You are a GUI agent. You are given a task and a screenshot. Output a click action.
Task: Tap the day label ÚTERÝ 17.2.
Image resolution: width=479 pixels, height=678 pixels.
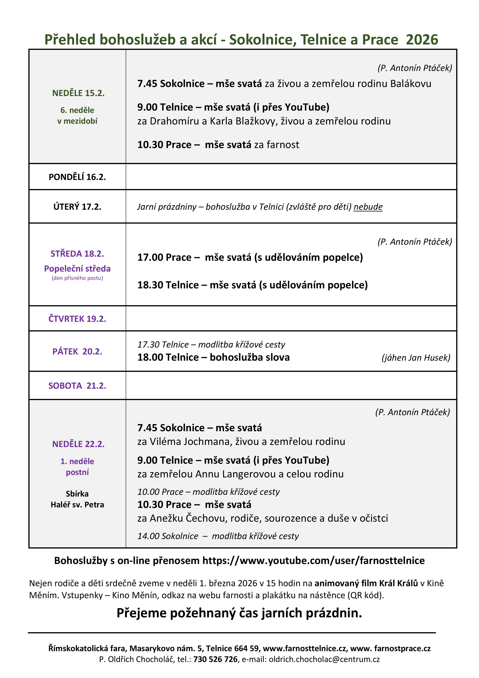coord(77,207)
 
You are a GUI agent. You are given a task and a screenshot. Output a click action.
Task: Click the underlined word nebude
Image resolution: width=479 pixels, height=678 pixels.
coord(368,207)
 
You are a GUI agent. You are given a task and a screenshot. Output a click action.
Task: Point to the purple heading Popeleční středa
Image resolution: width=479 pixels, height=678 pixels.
coord(77,268)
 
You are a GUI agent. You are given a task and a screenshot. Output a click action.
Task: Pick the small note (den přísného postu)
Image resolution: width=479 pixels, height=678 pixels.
coord(77,278)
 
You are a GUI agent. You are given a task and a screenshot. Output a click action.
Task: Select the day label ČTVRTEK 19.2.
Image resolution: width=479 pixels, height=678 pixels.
coord(77,319)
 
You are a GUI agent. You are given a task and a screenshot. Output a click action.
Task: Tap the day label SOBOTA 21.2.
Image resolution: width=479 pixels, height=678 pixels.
coord(77,386)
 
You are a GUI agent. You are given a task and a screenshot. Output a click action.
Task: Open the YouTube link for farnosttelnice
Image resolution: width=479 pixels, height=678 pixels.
coord(313,560)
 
